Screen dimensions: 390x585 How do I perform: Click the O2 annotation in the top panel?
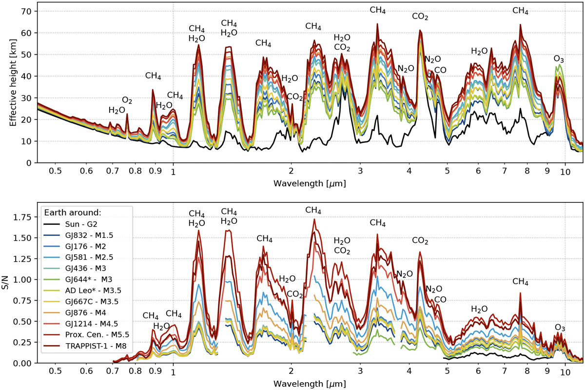127,100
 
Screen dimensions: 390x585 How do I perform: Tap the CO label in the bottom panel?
440,299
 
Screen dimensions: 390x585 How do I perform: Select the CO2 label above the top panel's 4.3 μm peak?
420,17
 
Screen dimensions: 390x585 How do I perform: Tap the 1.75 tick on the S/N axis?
23,216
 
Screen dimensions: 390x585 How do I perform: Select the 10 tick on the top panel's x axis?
565,171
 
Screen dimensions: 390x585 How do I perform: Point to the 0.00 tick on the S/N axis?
23,363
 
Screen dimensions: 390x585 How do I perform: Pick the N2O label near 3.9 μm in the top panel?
406,69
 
